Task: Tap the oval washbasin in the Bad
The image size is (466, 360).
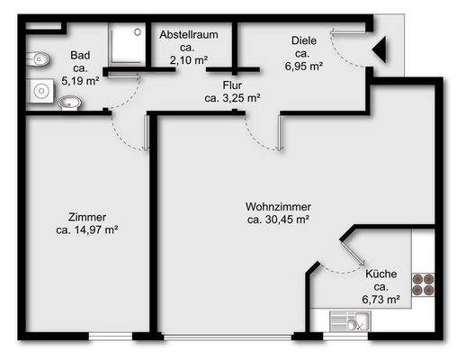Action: [68, 103]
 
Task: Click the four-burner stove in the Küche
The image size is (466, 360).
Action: [423, 285]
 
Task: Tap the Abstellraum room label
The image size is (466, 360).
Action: [189, 34]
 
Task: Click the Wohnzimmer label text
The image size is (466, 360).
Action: [278, 204]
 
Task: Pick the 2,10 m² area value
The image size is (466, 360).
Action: [189, 59]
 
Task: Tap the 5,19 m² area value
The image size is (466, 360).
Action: [79, 80]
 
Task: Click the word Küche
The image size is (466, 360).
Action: [381, 271]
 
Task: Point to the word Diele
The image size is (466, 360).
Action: [303, 40]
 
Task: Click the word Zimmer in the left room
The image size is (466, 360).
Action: [87, 217]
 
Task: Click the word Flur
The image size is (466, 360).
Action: [233, 85]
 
